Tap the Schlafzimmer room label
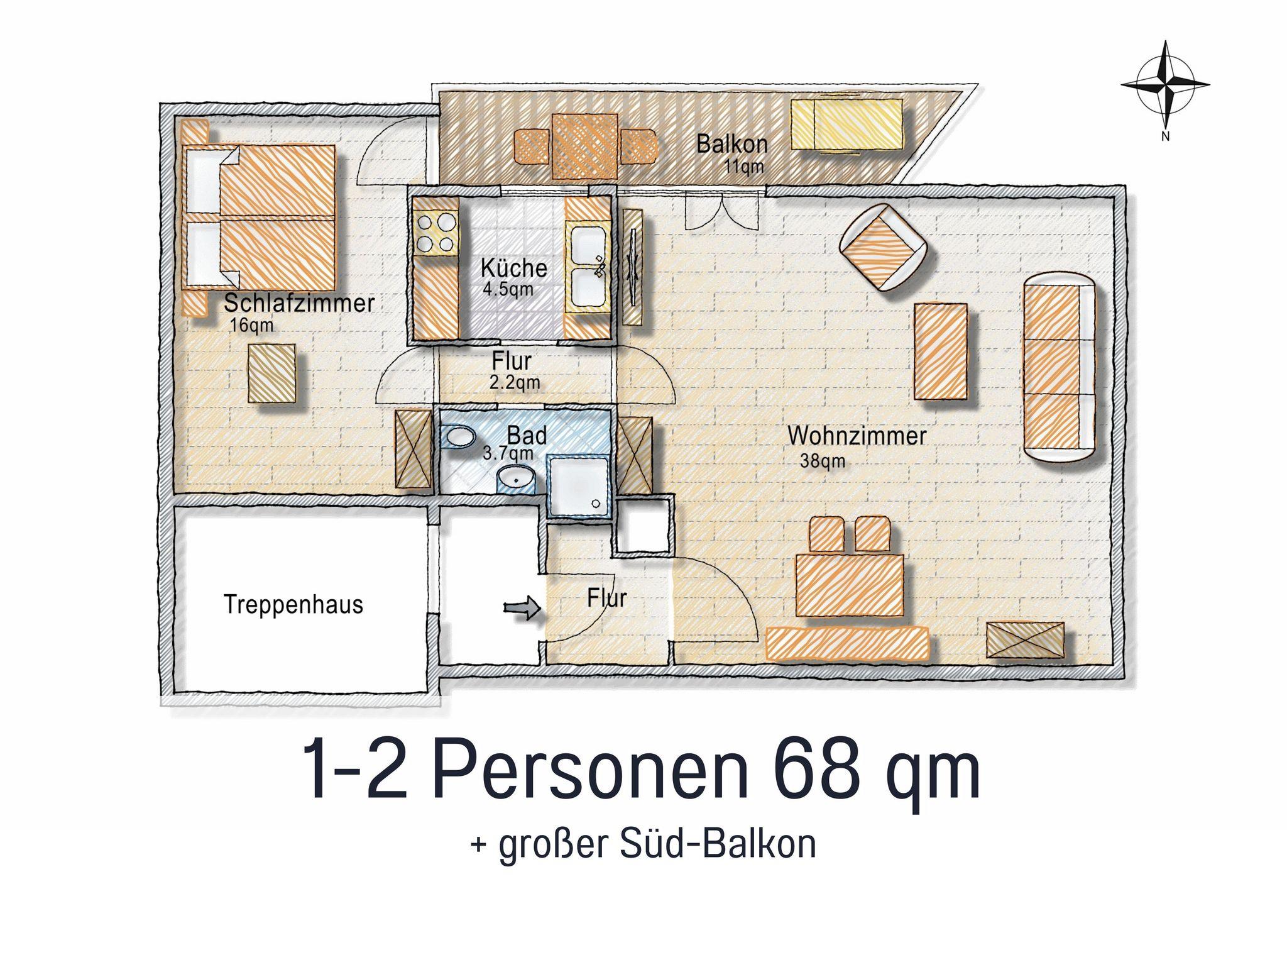[x=299, y=304]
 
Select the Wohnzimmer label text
[x=857, y=436]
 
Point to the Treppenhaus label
[x=293, y=605]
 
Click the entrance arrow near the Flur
[x=522, y=608]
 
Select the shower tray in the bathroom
[x=578, y=487]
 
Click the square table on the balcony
[x=584, y=145]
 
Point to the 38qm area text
[x=822, y=461]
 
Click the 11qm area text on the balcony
[x=744, y=167]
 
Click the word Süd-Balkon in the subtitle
[x=718, y=844]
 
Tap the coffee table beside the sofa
[x=940, y=351]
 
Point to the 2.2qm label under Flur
[x=515, y=382]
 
